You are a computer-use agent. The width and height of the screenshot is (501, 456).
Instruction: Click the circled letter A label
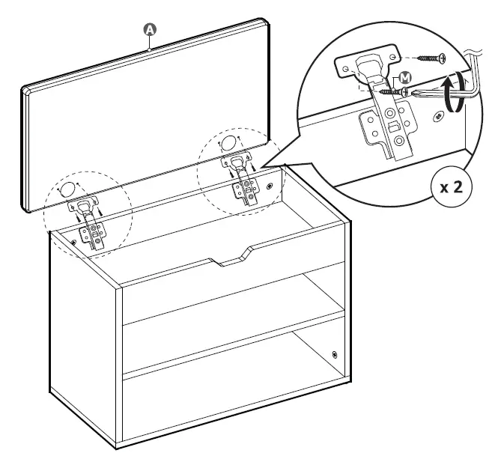coord(150,29)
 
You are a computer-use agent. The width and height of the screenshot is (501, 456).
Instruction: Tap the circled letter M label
coord(405,77)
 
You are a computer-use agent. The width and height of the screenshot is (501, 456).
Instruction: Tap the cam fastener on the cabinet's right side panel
coord(334,354)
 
